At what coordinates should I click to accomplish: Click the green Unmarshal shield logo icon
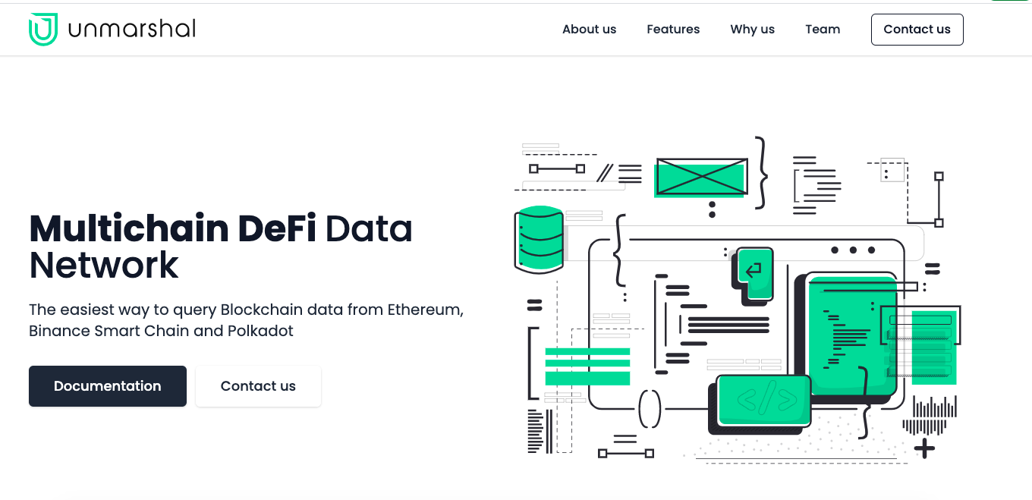[x=43, y=29]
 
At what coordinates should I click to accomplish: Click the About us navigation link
[x=590, y=30]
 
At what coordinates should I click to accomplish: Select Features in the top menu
[x=673, y=30]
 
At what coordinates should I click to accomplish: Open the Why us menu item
[x=752, y=30]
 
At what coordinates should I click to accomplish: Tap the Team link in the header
[x=823, y=30]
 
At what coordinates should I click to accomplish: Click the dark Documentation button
[x=108, y=386]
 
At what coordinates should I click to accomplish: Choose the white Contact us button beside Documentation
[x=258, y=386]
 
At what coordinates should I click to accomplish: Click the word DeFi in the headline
[x=277, y=228]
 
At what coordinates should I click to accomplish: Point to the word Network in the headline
[x=104, y=266]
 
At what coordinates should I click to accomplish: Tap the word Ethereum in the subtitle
[x=425, y=310]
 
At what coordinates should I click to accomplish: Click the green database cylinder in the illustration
[x=539, y=240]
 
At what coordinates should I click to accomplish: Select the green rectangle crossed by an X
[x=701, y=178]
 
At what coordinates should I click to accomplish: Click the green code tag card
[x=764, y=401]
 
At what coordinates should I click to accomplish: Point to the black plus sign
[x=924, y=448]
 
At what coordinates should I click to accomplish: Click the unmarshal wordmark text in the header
[x=132, y=29]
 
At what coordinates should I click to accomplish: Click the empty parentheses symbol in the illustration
[x=650, y=409]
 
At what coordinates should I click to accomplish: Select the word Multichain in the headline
[x=129, y=228]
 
